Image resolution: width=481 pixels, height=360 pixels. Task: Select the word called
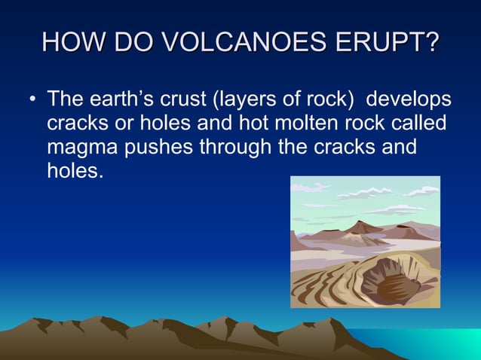tap(418, 123)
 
